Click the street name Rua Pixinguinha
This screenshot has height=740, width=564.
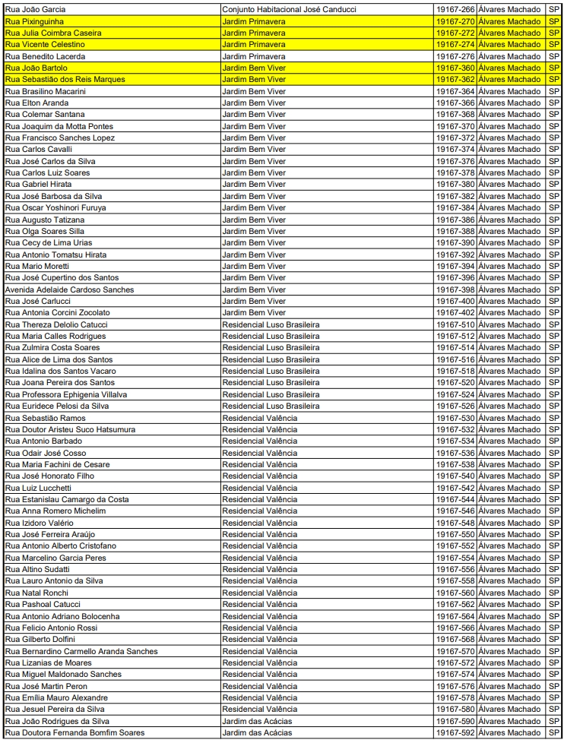pyautogui.click(x=33, y=21)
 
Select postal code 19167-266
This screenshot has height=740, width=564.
pyautogui.click(x=456, y=9)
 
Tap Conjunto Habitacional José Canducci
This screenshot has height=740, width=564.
pyautogui.click(x=289, y=9)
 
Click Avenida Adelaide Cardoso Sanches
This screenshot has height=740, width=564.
pyautogui.click(x=69, y=289)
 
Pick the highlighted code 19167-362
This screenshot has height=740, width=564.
pyautogui.click(x=456, y=79)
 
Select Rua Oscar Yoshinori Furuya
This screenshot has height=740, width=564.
pyautogui.click(x=55, y=207)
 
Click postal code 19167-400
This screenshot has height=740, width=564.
pyautogui.click(x=456, y=301)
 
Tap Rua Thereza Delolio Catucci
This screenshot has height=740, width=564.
pyautogui.click(x=56, y=324)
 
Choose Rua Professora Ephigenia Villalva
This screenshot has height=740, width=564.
pyautogui.click(x=66, y=394)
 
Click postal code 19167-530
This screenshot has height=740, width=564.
pyautogui.click(x=456, y=418)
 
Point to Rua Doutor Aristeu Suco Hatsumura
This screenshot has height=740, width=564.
pyautogui.click(x=71, y=429)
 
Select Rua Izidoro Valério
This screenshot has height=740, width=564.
pyautogui.click(x=40, y=523)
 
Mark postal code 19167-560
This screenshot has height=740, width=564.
pyautogui.click(x=456, y=593)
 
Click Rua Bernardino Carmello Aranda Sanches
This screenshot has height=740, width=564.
pyautogui.click(x=81, y=651)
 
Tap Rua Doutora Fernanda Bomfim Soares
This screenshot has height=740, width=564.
pyautogui.click(x=74, y=732)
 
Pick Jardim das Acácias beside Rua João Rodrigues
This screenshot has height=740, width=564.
pyautogui.click(x=257, y=721)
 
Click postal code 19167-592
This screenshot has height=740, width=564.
pyautogui.click(x=456, y=732)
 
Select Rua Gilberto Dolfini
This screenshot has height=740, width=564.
pyautogui.click(x=40, y=639)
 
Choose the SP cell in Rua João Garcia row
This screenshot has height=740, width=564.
pyautogui.click(x=554, y=9)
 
